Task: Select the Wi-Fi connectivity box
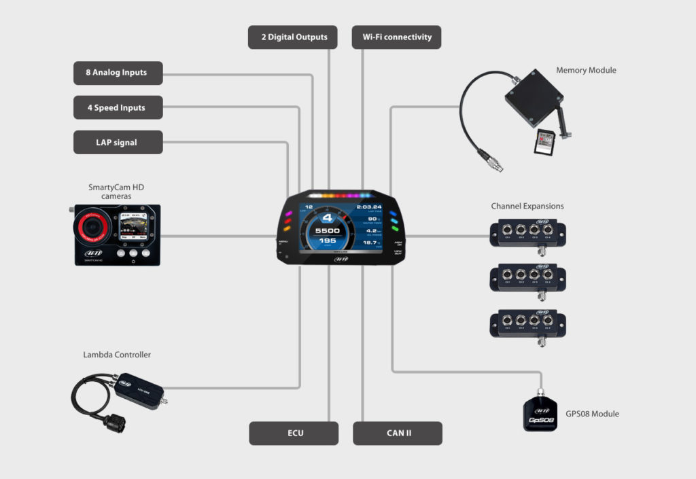point(396,37)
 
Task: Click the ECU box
point(294,433)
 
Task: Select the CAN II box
point(398,433)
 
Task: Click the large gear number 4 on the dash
point(326,218)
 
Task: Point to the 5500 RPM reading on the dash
point(326,230)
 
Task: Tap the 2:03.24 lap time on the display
point(369,207)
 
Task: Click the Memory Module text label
point(586,70)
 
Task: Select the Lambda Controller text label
point(117,355)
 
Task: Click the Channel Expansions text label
point(527,206)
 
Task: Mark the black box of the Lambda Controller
point(139,389)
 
